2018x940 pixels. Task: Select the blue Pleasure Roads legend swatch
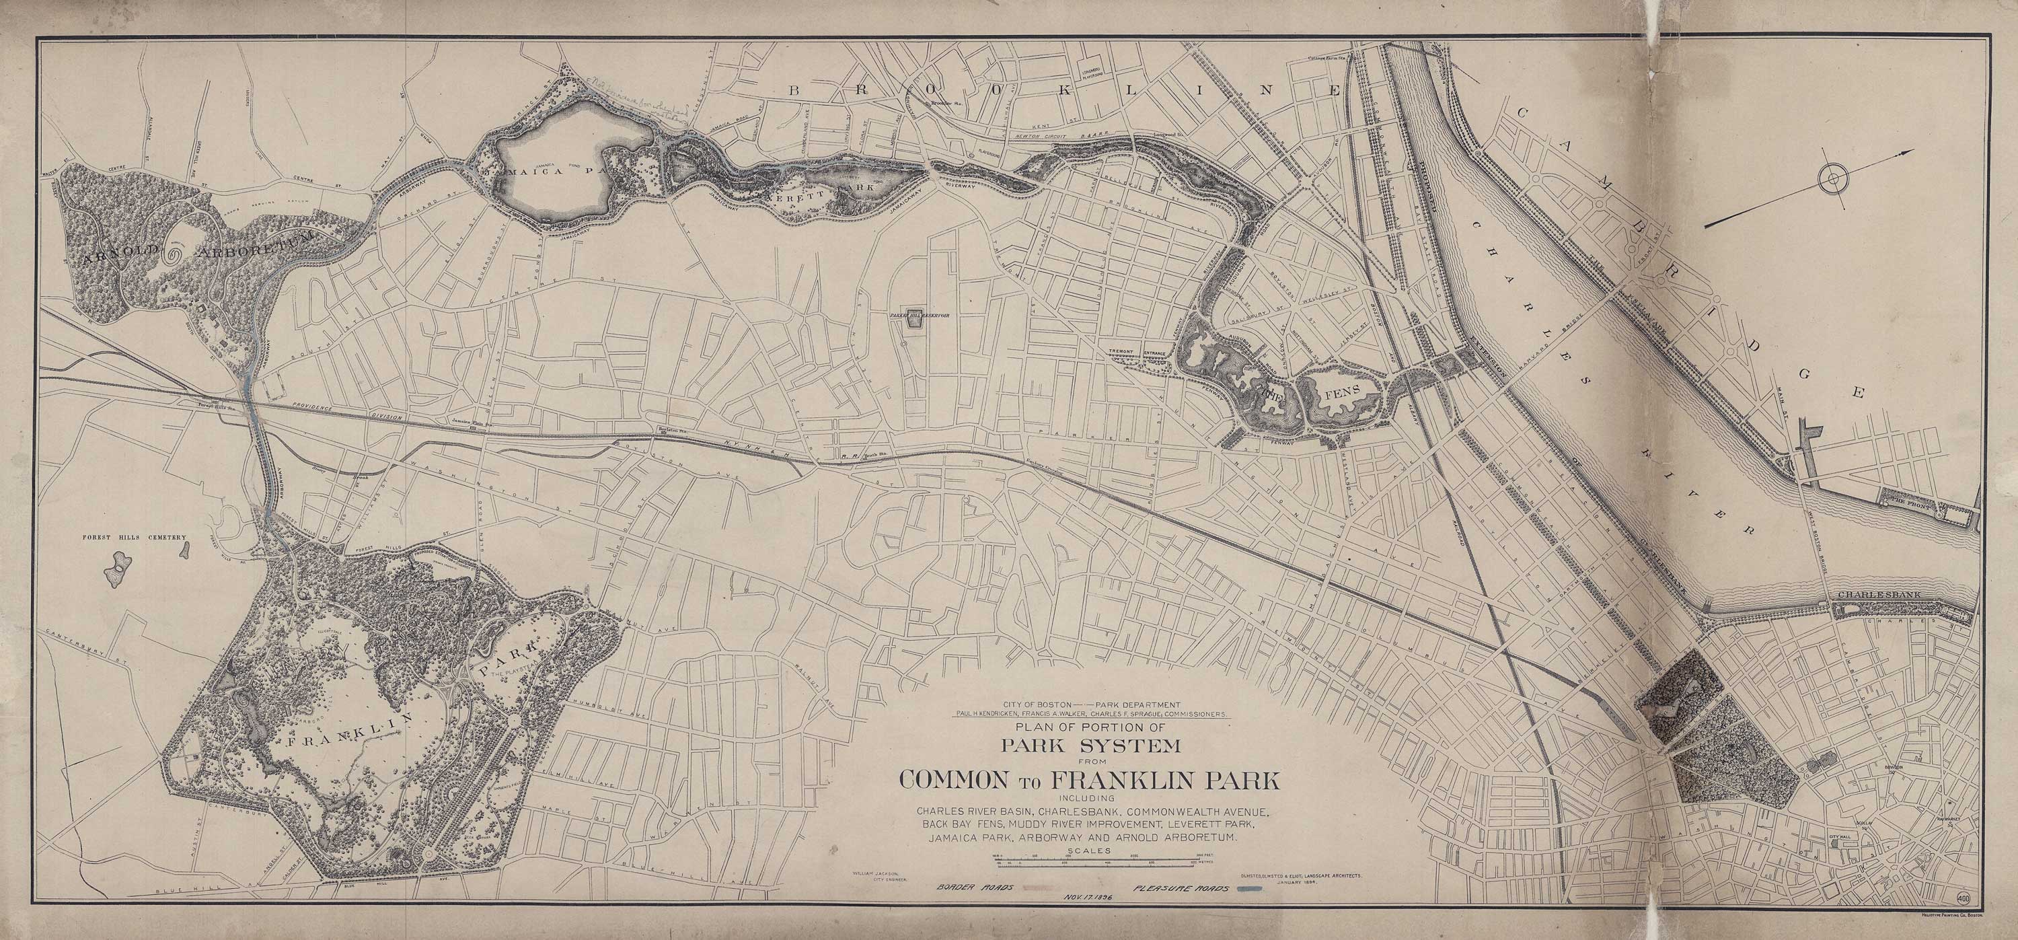click(x=1250, y=889)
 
